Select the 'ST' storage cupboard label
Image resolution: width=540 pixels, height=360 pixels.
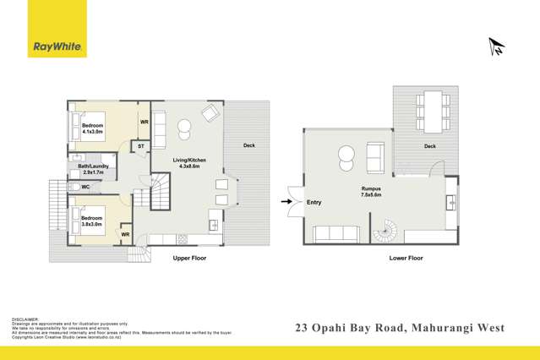[x=140, y=146]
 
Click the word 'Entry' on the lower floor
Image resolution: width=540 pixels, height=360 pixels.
[x=314, y=202]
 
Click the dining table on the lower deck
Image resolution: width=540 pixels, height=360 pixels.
[x=433, y=112]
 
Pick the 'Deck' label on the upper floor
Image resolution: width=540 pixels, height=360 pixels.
[x=248, y=145]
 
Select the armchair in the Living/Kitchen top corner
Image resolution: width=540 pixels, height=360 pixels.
[x=209, y=113]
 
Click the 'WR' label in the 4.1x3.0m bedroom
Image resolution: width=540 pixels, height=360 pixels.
[x=144, y=122]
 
